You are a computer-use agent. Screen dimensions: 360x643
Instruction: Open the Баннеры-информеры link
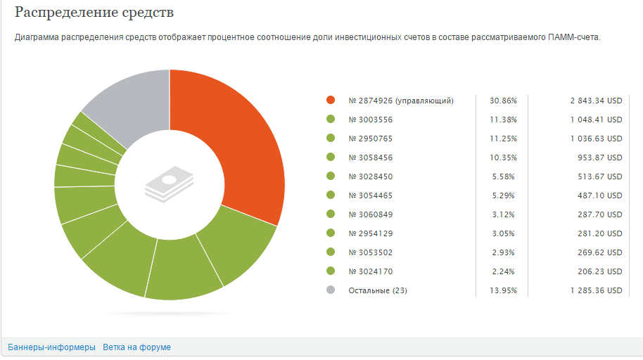pos(51,347)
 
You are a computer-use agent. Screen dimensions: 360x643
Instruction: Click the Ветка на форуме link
pos(136,347)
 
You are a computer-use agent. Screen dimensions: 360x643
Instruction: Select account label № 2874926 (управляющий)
pos(401,101)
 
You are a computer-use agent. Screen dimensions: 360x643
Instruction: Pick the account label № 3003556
pos(371,120)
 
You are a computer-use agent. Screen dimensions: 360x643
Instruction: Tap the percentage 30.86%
pos(503,101)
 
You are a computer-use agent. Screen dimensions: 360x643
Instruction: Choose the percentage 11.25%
pos(503,139)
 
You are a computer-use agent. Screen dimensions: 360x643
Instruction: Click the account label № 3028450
pos(371,176)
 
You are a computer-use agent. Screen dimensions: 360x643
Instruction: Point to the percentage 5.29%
pos(503,195)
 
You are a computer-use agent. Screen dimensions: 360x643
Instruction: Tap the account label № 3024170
pos(371,271)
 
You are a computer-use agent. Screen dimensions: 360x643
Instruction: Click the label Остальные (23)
pos(378,290)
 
